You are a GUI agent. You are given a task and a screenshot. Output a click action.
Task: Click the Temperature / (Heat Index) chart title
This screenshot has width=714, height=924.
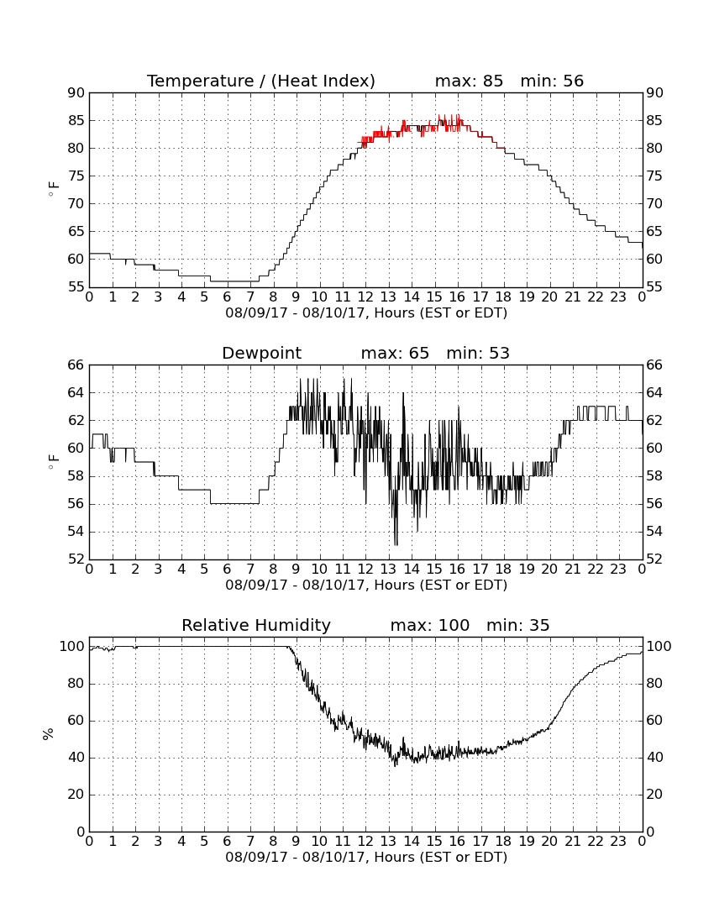pos(261,81)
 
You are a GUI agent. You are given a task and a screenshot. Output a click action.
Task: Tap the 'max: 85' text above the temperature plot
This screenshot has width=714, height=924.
pos(469,81)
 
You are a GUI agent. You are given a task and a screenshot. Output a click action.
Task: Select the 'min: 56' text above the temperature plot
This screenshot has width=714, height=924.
pos(552,81)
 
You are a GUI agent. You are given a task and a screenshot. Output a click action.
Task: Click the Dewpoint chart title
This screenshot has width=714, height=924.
pos(261,353)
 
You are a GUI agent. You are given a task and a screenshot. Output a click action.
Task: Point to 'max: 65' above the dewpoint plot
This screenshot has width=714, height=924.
pos(395,353)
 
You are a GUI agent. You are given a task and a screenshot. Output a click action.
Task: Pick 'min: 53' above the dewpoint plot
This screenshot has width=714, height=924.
pos(478,353)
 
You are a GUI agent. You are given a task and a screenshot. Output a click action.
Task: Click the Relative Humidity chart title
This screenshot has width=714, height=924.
pos(256,625)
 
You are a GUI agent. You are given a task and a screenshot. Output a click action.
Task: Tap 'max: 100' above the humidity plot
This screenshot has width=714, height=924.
pos(429,625)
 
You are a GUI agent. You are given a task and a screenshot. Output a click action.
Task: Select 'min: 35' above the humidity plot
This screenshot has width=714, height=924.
pos(517,625)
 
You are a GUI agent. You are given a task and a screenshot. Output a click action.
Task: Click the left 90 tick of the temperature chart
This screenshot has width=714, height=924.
pos(76,92)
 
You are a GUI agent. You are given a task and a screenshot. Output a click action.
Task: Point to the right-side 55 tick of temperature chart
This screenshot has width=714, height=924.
pos(654,287)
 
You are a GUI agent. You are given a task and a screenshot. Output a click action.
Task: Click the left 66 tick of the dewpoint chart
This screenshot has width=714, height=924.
pos(76,365)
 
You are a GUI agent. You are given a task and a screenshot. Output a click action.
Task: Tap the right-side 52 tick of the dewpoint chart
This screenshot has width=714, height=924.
pos(654,559)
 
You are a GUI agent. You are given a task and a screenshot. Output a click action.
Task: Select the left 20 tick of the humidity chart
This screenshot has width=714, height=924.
pos(76,795)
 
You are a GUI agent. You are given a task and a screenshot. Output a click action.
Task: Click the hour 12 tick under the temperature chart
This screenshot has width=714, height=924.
pos(365,297)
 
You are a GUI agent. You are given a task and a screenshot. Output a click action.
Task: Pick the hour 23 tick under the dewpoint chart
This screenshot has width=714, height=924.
pos(618,570)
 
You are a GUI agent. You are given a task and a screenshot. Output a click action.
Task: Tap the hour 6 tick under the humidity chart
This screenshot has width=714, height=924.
pos(228,842)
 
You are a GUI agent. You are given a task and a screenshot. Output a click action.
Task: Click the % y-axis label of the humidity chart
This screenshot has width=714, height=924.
pos(49,733)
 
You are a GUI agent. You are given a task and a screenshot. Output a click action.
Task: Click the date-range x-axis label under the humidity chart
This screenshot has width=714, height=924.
pos(366,857)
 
